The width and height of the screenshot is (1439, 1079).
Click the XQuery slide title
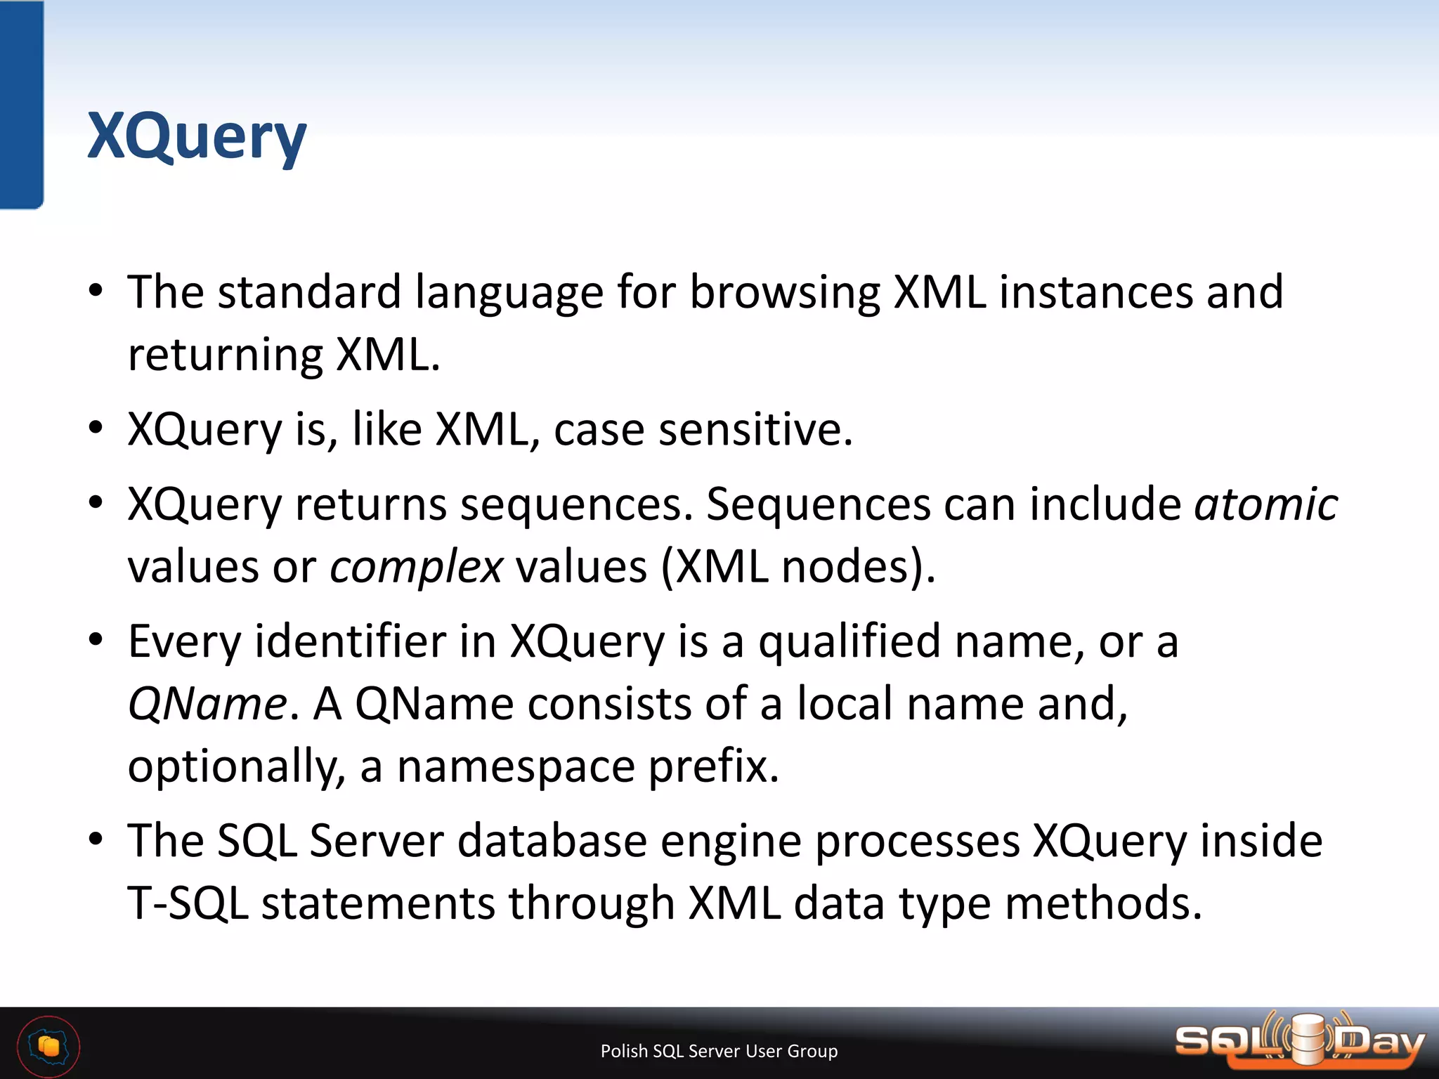(197, 137)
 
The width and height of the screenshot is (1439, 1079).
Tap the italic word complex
(416, 566)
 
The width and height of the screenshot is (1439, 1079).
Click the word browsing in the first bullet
(784, 292)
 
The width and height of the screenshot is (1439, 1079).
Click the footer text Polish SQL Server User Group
(719, 1051)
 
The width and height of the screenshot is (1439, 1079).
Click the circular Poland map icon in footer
(48, 1047)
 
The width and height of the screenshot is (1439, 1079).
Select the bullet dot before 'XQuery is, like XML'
(96, 428)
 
